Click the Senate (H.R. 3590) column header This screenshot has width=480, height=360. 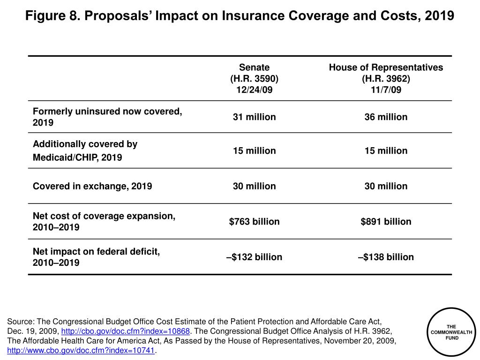pyautogui.click(x=254, y=78)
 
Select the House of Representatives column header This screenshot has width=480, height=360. pyautogui.click(x=386, y=78)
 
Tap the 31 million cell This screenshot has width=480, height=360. pyautogui.click(x=254, y=117)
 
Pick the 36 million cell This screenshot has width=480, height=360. pyautogui.click(x=386, y=117)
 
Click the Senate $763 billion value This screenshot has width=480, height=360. pyautogui.click(x=254, y=221)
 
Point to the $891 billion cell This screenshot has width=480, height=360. pyautogui.click(x=386, y=221)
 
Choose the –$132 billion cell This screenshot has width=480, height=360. pyautogui.click(x=254, y=257)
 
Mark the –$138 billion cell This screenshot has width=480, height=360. pyautogui.click(x=386, y=257)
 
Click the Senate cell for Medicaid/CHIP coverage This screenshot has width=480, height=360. pyautogui.click(x=254, y=150)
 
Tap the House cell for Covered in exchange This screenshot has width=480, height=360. pyautogui.click(x=386, y=186)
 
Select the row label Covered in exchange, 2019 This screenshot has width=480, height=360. pyautogui.click(x=92, y=186)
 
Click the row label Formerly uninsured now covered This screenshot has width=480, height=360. pyautogui.click(x=107, y=117)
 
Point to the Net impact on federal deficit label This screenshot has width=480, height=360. pyautogui.click(x=96, y=257)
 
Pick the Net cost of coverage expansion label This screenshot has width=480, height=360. pyautogui.click(x=104, y=221)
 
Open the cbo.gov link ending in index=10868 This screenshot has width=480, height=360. pyautogui.click(x=126, y=331)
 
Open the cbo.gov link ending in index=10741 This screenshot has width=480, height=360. pyautogui.click(x=81, y=351)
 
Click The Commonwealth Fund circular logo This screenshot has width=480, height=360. pyautogui.click(x=451, y=332)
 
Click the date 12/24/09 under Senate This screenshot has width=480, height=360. pyautogui.click(x=254, y=90)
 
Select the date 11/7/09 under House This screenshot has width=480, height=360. pyautogui.click(x=386, y=90)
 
